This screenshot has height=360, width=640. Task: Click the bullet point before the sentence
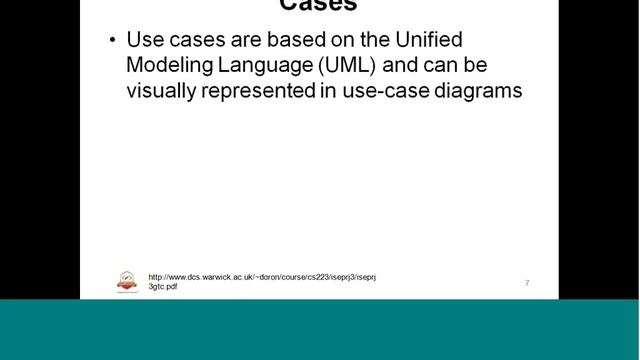pos(112,41)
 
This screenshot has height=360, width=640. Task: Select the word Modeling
pos(166,66)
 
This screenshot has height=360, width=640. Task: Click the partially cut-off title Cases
pos(318,6)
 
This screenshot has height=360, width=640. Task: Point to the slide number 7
pos(527,283)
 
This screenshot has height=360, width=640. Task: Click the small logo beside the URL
pos(127,282)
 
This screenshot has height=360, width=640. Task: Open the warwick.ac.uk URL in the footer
pos(262,277)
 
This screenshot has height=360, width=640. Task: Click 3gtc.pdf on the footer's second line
pos(163,287)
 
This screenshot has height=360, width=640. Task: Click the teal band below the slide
pos(320,330)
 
